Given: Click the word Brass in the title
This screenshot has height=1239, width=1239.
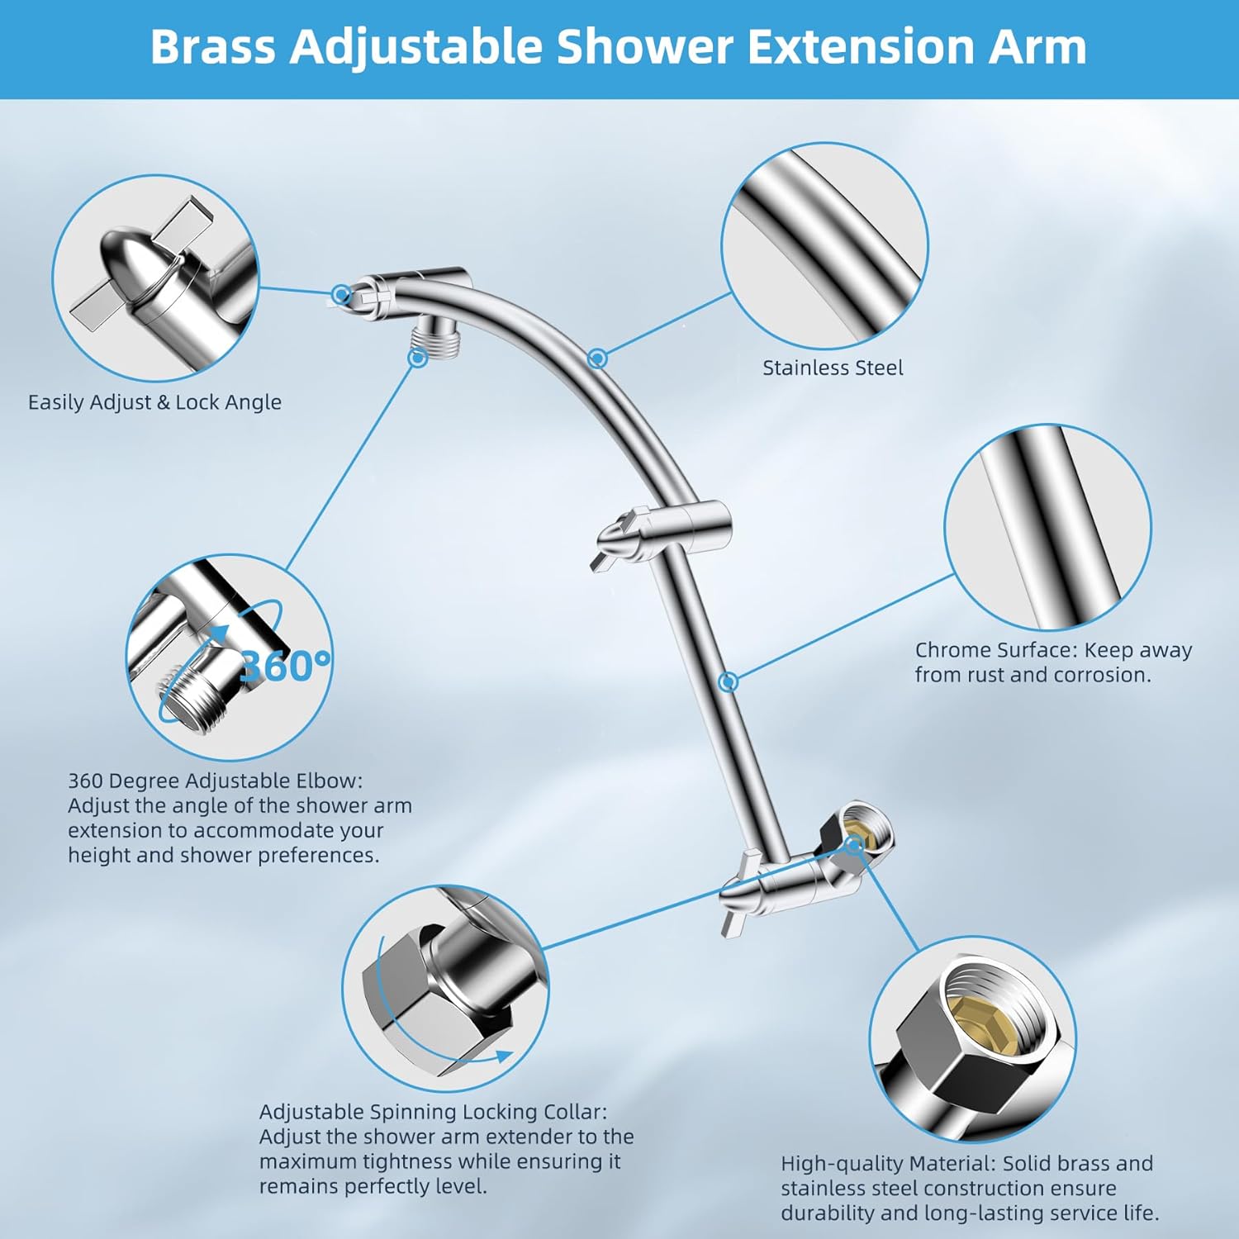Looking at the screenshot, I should pyautogui.click(x=212, y=47).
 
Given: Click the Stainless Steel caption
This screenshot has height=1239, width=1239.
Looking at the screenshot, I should pyautogui.click(x=832, y=368).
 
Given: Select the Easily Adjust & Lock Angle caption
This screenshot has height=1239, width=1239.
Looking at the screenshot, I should pyautogui.click(x=154, y=402).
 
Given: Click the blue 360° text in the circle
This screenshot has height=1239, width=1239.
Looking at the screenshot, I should pyautogui.click(x=283, y=666).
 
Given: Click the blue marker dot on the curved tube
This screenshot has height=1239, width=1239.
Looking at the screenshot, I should pyautogui.click(x=597, y=358).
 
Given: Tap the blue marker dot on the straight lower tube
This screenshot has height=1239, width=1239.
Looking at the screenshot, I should pyautogui.click(x=728, y=681).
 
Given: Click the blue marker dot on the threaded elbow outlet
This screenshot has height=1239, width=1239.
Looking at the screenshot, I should pyautogui.click(x=418, y=358).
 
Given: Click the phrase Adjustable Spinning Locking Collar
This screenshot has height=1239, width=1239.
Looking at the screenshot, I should pyautogui.click(x=432, y=1113).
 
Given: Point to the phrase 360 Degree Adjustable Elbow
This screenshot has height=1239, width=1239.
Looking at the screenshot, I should pyautogui.click(x=215, y=781).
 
